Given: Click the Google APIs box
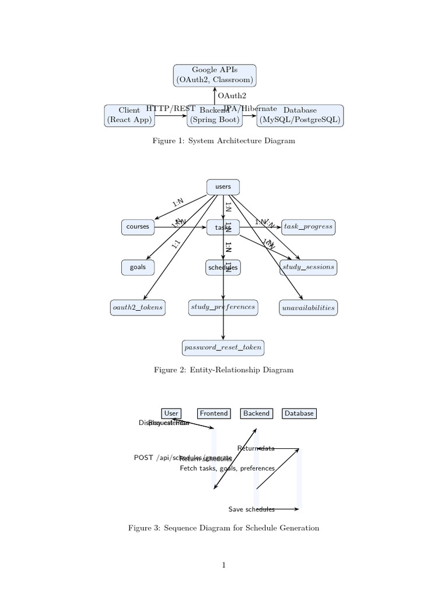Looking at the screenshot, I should tap(214, 75).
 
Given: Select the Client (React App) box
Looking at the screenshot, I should tap(129, 115).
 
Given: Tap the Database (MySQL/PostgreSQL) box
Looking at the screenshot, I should tap(300, 115).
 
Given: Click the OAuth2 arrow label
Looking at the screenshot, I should tap(232, 96).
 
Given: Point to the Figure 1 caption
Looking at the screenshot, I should tap(223, 141).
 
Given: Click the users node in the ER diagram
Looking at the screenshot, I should tap(223, 187).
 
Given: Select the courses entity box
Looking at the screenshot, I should tap(138, 227).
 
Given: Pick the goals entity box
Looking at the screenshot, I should tap(138, 267).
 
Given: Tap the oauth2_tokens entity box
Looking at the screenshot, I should tap(138, 307).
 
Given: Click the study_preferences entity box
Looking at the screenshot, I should tap(223, 307).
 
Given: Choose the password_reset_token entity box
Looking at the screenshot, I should tap(223, 347).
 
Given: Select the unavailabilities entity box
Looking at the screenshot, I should tap(308, 307).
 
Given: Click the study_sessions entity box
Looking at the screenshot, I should tap(308, 267).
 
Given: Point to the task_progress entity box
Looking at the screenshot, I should tap(308, 227).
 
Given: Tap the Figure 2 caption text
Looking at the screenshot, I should tap(223, 370).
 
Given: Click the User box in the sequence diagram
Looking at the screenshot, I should tap(171, 413).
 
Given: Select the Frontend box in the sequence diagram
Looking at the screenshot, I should tap(213, 413).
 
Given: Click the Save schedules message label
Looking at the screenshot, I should tap(251, 510).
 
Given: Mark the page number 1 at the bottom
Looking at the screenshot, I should tap(223, 565).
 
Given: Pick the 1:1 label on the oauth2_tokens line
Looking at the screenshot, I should tap(176, 245).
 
